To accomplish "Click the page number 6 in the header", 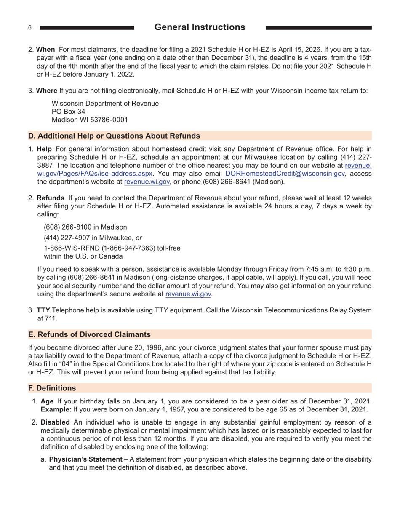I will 30,28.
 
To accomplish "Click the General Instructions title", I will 200,27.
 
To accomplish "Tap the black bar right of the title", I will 319,28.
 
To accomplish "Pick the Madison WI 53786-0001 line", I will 90,120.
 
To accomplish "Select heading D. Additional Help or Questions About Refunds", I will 114,136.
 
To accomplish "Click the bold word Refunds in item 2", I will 51,198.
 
